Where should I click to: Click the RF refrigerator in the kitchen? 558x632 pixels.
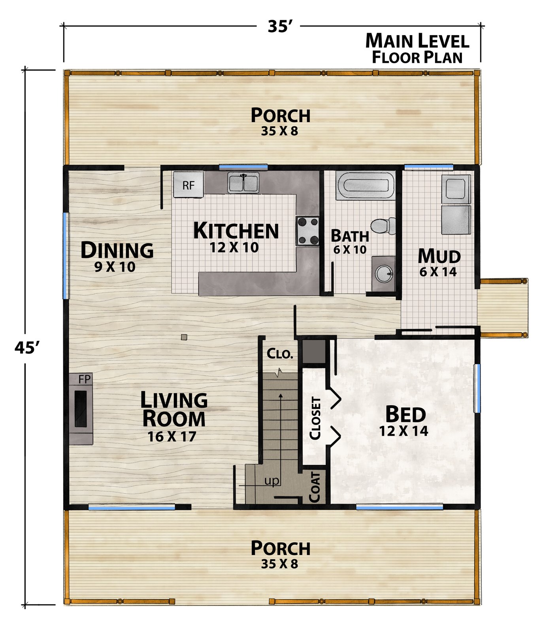point(188,184)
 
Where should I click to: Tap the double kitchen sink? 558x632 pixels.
point(243,183)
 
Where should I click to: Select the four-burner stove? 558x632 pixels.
point(308,231)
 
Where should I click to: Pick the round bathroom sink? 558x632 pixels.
point(383,273)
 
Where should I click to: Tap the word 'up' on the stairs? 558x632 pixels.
point(272,481)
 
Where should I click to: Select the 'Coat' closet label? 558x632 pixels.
point(315,487)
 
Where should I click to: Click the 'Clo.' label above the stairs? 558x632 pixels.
point(280,354)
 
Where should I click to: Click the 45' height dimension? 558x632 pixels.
point(27,348)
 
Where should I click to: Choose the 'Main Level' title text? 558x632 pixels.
point(417,41)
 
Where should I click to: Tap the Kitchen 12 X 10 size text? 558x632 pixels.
point(234,248)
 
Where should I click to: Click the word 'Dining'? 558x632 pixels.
point(117,250)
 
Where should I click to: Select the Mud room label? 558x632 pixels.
point(439,256)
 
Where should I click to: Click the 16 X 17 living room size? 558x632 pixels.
point(172,436)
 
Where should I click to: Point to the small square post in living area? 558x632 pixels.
point(184,337)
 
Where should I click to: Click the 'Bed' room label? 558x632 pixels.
point(405,414)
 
